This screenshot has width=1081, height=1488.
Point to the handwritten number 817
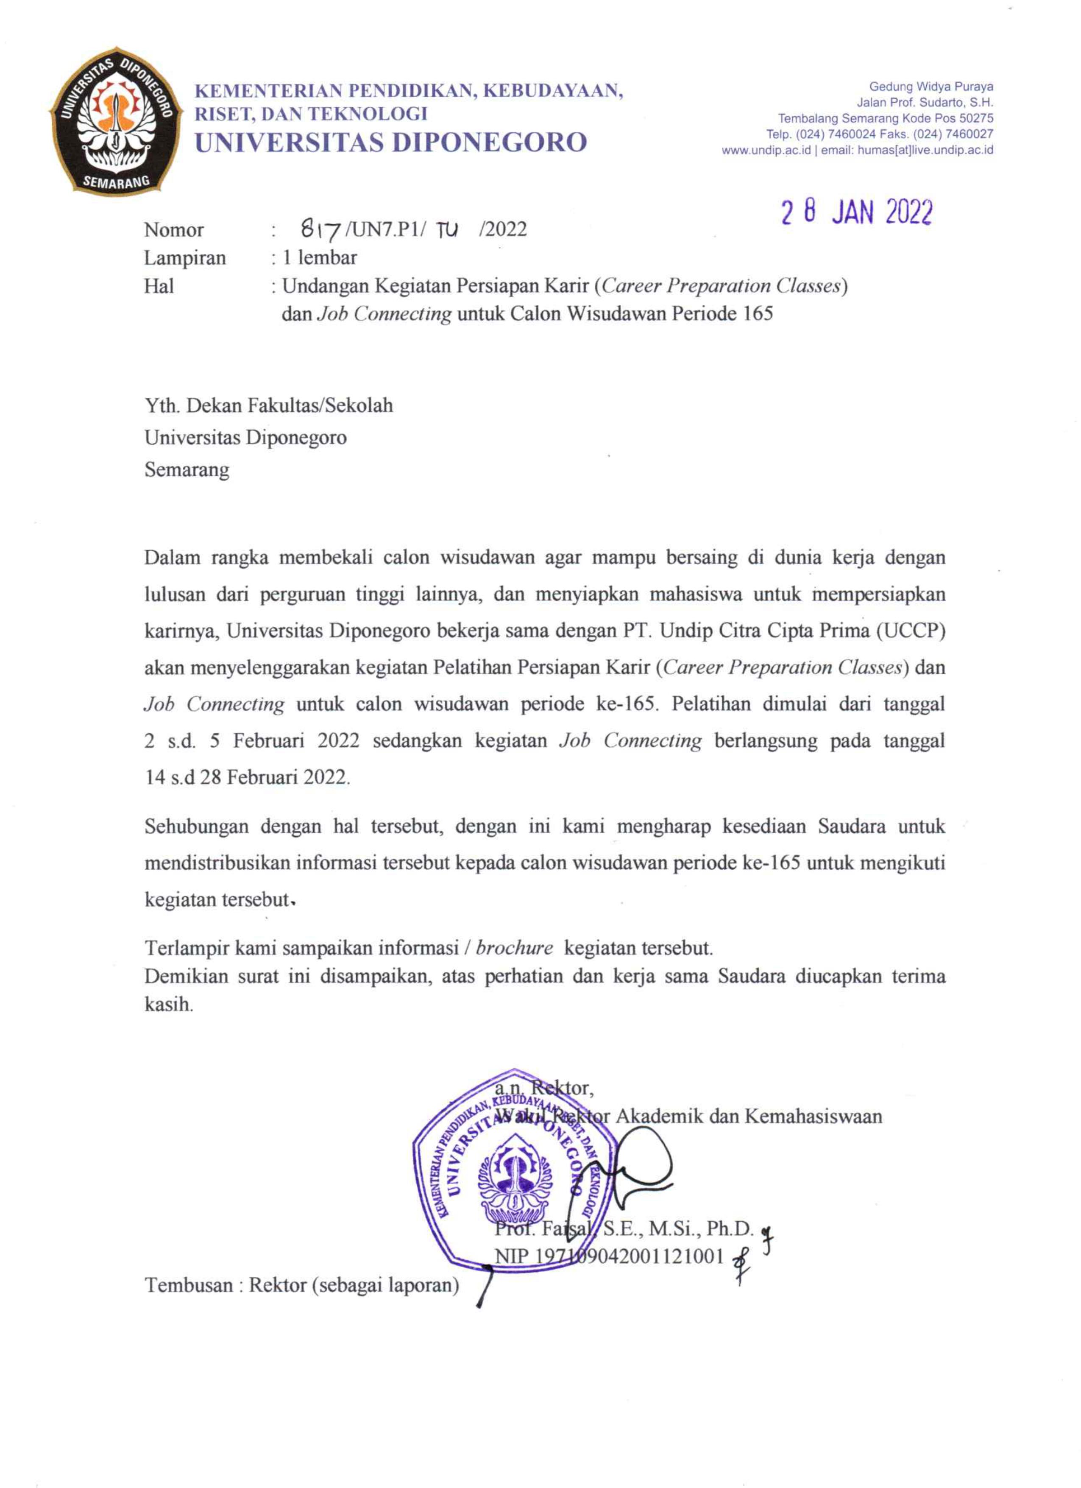(320, 230)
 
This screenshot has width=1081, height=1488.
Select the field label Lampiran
(185, 258)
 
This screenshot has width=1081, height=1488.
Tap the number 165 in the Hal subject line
(758, 314)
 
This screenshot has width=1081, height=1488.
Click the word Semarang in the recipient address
(187, 470)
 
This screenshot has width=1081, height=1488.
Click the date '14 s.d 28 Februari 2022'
(247, 777)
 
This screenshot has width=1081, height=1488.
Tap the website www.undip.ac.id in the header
(766, 150)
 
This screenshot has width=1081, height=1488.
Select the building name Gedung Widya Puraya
(931, 87)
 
